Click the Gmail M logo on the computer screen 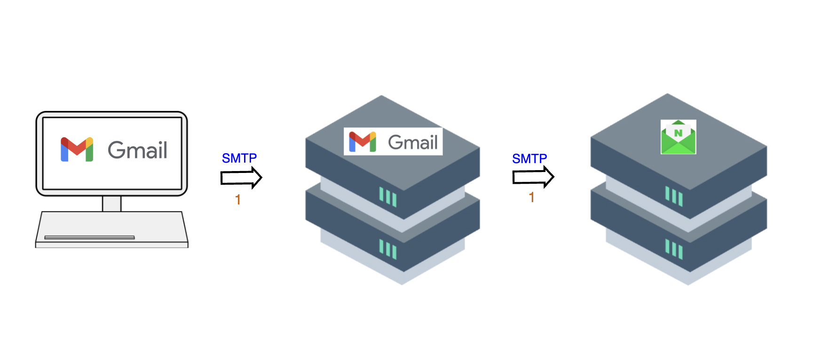tap(77, 149)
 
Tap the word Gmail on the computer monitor tap(137, 150)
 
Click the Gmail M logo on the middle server tap(362, 141)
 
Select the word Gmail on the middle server tap(412, 142)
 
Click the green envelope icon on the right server tap(678, 137)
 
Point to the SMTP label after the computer tap(239, 158)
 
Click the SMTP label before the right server tap(529, 159)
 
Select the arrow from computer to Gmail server tap(241, 178)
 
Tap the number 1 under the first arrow tap(238, 200)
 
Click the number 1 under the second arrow tap(531, 197)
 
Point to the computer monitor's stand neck tap(112, 203)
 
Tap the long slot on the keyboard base tap(89, 237)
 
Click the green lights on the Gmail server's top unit tap(388, 197)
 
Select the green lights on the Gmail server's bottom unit tap(388, 249)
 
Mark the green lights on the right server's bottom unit tap(674, 248)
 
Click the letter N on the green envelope tap(678, 133)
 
